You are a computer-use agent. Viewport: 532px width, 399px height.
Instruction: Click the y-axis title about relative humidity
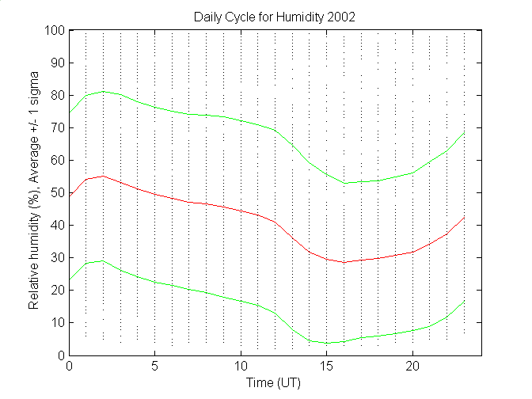[35, 192]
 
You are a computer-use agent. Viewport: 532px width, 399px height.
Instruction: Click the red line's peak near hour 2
[104, 176]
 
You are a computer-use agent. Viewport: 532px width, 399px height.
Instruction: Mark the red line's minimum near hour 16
[344, 262]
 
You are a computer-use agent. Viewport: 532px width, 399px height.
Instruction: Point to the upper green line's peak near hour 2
[104, 91]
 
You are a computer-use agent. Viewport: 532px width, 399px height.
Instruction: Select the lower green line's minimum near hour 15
[327, 343]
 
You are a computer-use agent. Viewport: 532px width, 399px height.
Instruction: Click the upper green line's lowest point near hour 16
[344, 183]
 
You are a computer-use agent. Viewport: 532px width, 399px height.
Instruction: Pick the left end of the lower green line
[70, 280]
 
